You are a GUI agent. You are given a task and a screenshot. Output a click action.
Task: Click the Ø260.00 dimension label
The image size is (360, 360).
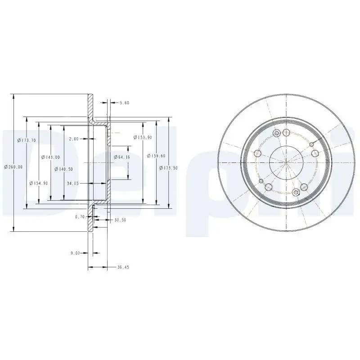pyautogui.click(x=13, y=167)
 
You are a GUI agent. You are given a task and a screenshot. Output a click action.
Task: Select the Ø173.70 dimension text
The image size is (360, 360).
pyautogui.click(x=26, y=140)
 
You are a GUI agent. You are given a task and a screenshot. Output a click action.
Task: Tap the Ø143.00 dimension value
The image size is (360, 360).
pyautogui.click(x=50, y=157)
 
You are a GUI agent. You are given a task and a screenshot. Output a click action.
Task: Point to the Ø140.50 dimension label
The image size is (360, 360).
pyautogui.click(x=63, y=169)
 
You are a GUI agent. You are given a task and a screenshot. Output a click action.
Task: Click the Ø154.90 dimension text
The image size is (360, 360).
pyautogui.click(x=38, y=183)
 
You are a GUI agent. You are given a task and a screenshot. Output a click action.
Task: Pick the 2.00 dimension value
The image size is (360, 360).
pyautogui.click(x=74, y=139)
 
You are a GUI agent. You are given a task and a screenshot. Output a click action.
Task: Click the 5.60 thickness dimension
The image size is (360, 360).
pyautogui.click(x=124, y=103)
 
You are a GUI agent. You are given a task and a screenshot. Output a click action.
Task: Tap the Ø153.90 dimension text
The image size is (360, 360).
pyautogui.click(x=142, y=137)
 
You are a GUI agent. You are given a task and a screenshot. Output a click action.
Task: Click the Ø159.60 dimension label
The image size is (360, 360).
pyautogui.click(x=156, y=156)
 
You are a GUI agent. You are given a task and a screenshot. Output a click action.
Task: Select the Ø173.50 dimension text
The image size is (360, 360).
pyautogui.click(x=169, y=167)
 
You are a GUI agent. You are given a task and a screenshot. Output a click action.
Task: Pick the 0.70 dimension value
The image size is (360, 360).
pyautogui.click(x=80, y=216)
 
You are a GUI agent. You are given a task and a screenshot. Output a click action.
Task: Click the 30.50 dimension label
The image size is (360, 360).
pyautogui.click(x=120, y=220)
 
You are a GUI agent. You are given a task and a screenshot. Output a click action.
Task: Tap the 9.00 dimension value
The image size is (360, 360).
pyautogui.click(x=75, y=253)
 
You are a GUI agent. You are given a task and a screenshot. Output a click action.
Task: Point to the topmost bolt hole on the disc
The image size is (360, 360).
pyautogui.click(x=285, y=132)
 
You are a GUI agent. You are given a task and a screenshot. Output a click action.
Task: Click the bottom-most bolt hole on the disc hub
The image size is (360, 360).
pyautogui.click(x=296, y=193)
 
